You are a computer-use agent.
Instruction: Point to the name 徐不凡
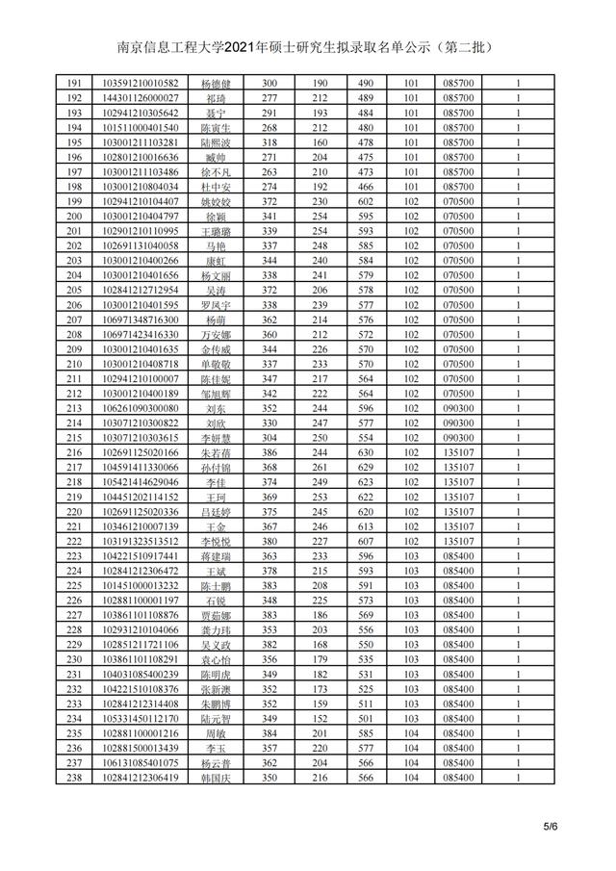[216, 171]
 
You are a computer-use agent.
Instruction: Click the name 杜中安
[216, 187]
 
